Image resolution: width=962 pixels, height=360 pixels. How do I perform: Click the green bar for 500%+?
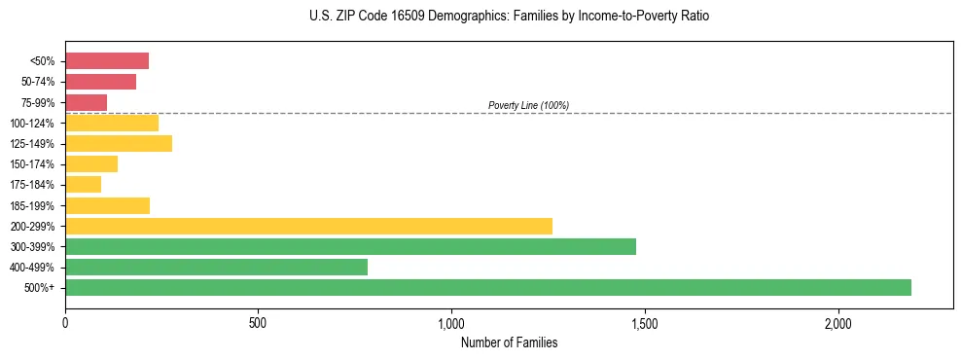pyautogui.click(x=488, y=287)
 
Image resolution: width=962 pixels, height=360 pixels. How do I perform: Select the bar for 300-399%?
pyautogui.click(x=350, y=246)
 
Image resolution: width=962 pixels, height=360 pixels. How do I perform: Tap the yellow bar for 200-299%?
pyautogui.click(x=308, y=226)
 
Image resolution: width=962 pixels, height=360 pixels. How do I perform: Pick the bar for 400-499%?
pyautogui.click(x=216, y=267)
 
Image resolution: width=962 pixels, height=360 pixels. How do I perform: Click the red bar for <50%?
pyautogui.click(x=107, y=61)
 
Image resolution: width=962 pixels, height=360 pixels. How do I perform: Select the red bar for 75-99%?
pyautogui.click(x=86, y=102)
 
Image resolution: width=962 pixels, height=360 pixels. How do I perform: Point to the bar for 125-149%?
pyautogui.click(x=119, y=143)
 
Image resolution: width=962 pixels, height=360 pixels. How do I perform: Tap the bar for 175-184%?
pyautogui.click(x=83, y=184)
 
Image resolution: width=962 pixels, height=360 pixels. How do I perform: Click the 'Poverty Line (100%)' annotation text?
pyautogui.click(x=528, y=105)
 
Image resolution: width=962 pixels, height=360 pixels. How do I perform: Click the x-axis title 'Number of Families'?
pyautogui.click(x=509, y=342)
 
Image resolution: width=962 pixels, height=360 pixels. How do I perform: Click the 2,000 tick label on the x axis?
pyautogui.click(x=837, y=323)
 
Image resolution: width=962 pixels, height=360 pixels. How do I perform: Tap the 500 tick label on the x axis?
pyautogui.click(x=258, y=323)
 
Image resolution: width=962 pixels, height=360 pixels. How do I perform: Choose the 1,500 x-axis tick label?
pyautogui.click(x=645, y=323)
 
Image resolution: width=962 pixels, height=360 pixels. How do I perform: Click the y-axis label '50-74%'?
pyautogui.click(x=38, y=82)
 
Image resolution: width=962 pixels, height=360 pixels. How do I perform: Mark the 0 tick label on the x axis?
pyautogui.click(x=65, y=323)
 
